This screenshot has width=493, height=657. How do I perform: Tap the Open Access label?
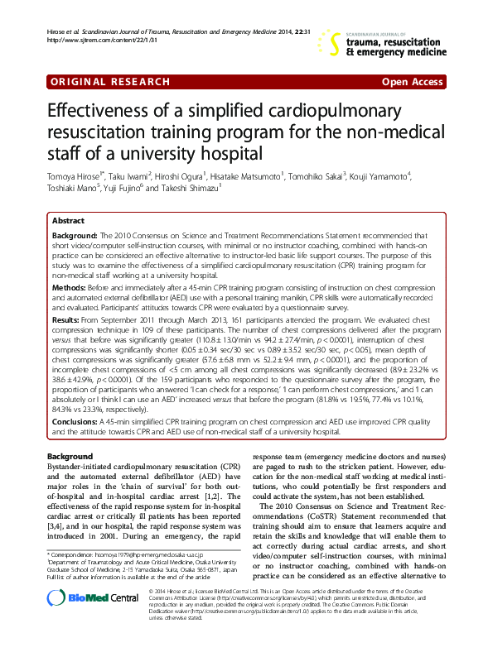coord(411,82)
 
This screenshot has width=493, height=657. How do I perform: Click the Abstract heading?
coord(68,222)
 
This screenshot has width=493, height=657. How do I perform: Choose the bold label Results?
coord(66,318)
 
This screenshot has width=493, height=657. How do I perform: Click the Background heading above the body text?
coord(70,457)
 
